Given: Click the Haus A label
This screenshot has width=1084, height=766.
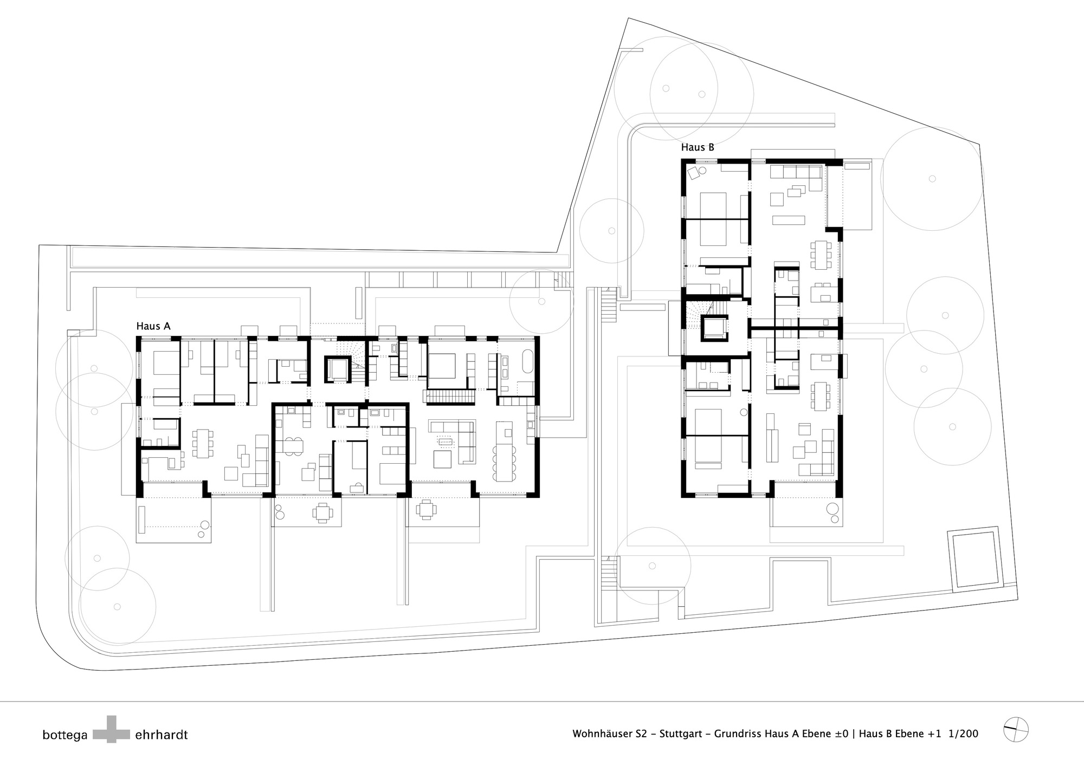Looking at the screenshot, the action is coord(153,326).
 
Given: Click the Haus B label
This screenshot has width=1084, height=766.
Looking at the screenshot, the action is coord(698,147).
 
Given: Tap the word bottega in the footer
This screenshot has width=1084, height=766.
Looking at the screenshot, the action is coord(65,735).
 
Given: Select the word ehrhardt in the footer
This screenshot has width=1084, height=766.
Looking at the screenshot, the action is coord(162,735).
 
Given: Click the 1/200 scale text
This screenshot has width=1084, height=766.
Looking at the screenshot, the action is coord(964,734).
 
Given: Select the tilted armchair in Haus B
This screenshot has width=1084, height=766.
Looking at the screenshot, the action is coord(693,173).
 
